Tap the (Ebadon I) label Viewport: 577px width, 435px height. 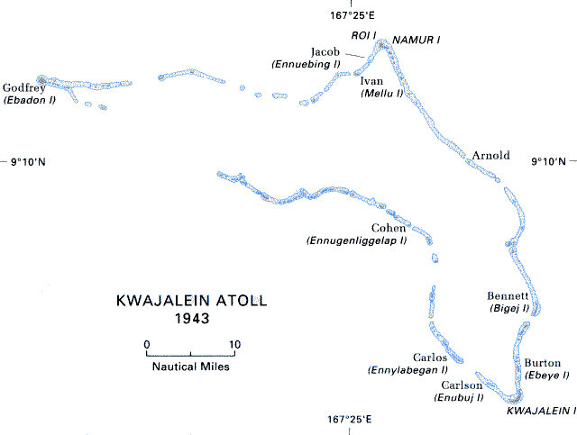coord(30,100)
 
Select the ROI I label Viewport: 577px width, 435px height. coord(338,35)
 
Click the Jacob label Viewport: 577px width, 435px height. coord(325,51)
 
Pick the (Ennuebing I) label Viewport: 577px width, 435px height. coord(306,64)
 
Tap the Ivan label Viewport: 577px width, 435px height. coord(371,81)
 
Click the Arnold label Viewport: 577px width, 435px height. coord(491,155)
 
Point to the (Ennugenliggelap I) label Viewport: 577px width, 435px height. coord(357,241)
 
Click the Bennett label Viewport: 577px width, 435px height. coord(508,295)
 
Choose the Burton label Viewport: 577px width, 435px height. coord(542,363)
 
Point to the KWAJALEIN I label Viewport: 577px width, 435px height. coord(541,410)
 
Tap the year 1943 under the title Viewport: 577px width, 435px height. coord(192,319)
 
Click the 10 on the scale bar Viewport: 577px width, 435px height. coord(234,343)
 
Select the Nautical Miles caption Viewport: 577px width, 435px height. coord(190,367)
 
